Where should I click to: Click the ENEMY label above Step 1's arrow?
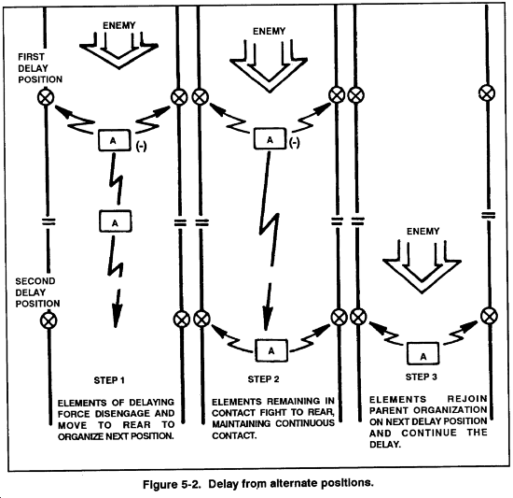click(x=119, y=25)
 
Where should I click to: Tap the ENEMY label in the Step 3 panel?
click(x=423, y=232)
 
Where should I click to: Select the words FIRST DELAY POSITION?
click(x=40, y=68)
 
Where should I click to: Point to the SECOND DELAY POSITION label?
click(x=37, y=292)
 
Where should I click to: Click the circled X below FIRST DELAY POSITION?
click(x=46, y=97)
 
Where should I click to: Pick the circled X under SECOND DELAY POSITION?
click(x=49, y=320)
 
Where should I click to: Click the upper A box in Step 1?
click(x=115, y=140)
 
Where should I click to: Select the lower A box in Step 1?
click(x=115, y=221)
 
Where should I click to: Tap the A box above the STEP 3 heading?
click(x=423, y=354)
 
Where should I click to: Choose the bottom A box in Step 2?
click(x=271, y=350)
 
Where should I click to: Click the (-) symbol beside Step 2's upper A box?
click(x=295, y=142)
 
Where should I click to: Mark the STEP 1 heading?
click(x=109, y=380)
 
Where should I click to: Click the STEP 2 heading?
click(x=263, y=379)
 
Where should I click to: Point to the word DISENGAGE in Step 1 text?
click(x=123, y=414)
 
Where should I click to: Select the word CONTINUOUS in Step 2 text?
click(x=305, y=423)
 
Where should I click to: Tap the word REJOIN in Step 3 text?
click(x=467, y=399)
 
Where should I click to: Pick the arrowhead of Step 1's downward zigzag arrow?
click(x=117, y=316)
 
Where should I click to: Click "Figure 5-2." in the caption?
click(x=172, y=484)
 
